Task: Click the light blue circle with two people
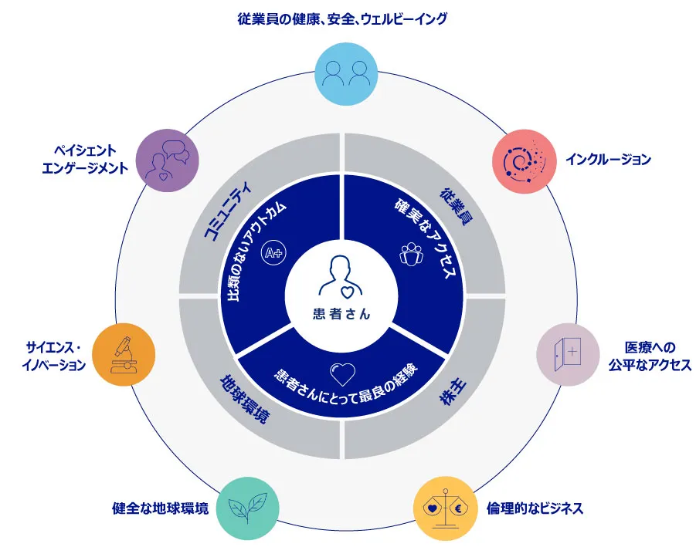(346, 74)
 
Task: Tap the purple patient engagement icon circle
(168, 160)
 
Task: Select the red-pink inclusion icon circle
(525, 161)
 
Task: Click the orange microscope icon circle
(124, 354)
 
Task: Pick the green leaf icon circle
(248, 508)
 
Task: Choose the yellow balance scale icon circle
(445, 508)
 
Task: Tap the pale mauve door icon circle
(569, 354)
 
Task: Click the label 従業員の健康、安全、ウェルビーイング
(342, 19)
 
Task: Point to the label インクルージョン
(608, 159)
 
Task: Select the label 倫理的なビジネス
(535, 508)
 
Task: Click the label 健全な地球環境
(160, 508)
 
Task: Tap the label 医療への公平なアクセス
(650, 356)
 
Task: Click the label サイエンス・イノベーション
(54, 356)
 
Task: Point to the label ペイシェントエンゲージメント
(85, 159)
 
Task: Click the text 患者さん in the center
(341, 314)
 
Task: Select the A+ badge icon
(273, 252)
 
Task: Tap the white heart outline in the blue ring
(343, 374)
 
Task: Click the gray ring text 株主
(453, 392)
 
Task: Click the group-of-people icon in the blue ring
(411, 254)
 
